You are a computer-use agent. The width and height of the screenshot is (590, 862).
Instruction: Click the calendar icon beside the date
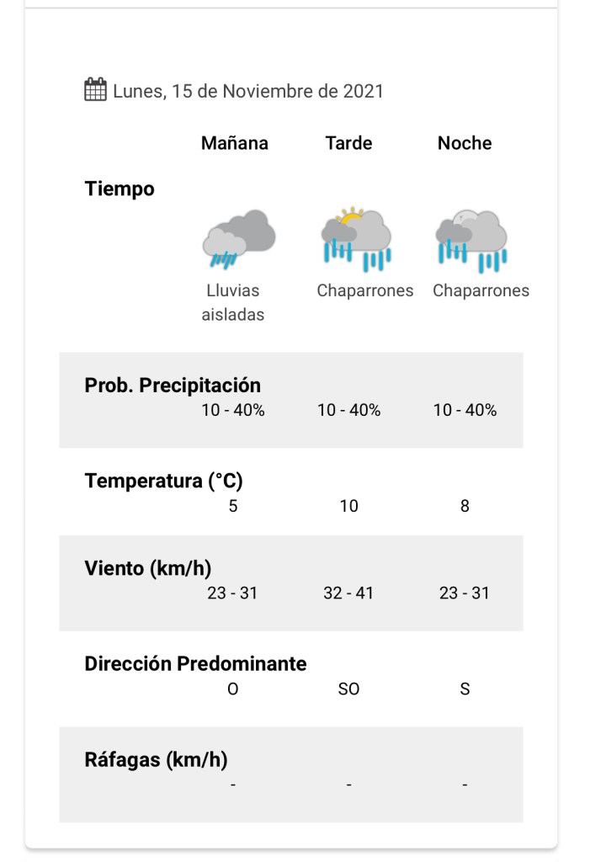(95, 89)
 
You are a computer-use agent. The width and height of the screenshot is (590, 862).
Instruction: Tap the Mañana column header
(234, 143)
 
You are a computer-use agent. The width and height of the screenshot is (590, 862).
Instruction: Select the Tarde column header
(348, 143)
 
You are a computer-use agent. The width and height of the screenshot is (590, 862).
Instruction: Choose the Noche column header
(464, 143)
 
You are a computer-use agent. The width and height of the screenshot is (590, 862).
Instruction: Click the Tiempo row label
(120, 189)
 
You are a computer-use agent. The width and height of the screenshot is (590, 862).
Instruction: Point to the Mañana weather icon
(238, 238)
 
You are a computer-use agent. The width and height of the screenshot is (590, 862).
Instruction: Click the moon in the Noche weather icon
(467, 217)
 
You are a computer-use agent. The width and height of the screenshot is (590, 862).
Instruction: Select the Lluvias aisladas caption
(233, 302)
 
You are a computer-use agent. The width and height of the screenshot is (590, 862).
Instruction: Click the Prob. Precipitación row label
(173, 386)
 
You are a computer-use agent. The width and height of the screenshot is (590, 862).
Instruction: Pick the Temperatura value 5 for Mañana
(233, 506)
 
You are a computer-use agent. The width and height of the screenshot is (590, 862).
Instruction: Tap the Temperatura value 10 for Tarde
(348, 506)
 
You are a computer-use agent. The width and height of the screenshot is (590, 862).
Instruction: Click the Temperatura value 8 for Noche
(465, 506)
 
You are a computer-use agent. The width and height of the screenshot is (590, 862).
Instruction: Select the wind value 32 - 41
(348, 593)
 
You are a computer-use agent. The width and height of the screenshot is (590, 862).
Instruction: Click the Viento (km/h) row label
(147, 568)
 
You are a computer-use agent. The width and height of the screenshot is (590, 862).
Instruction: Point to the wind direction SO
(348, 689)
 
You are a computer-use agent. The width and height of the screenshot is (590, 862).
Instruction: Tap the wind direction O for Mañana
(233, 689)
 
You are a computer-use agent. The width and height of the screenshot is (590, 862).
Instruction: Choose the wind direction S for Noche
(465, 689)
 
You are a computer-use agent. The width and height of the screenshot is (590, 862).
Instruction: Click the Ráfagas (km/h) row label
(156, 759)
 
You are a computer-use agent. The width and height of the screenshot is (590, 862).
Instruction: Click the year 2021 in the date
(363, 91)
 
